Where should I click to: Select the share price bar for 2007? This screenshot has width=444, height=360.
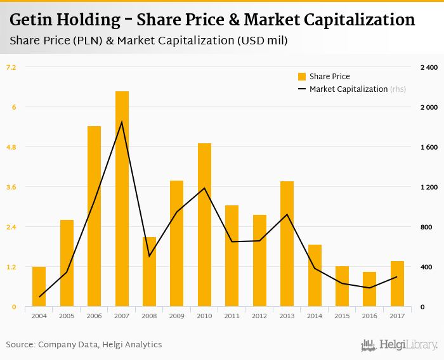point(122,199)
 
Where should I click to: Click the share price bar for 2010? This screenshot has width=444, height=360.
point(204,225)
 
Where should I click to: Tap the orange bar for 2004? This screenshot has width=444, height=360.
point(39,286)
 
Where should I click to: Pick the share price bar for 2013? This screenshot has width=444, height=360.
point(287,244)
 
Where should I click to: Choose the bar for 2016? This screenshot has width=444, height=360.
point(369,289)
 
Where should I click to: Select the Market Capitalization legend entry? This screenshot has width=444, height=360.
point(348,89)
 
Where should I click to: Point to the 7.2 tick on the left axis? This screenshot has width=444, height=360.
point(11,67)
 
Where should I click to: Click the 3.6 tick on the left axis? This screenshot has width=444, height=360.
point(11,187)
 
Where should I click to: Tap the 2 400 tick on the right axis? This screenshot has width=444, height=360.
point(429,67)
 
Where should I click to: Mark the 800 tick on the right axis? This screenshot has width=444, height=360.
point(431,227)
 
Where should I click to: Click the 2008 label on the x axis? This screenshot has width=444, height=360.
point(149,316)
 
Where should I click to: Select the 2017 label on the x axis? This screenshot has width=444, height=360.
point(397,316)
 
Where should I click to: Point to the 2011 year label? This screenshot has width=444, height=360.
point(232,316)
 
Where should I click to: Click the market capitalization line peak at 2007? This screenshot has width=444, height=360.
point(122,122)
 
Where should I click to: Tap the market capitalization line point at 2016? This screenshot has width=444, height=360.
point(369,288)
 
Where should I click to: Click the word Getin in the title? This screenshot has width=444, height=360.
point(32,20)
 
